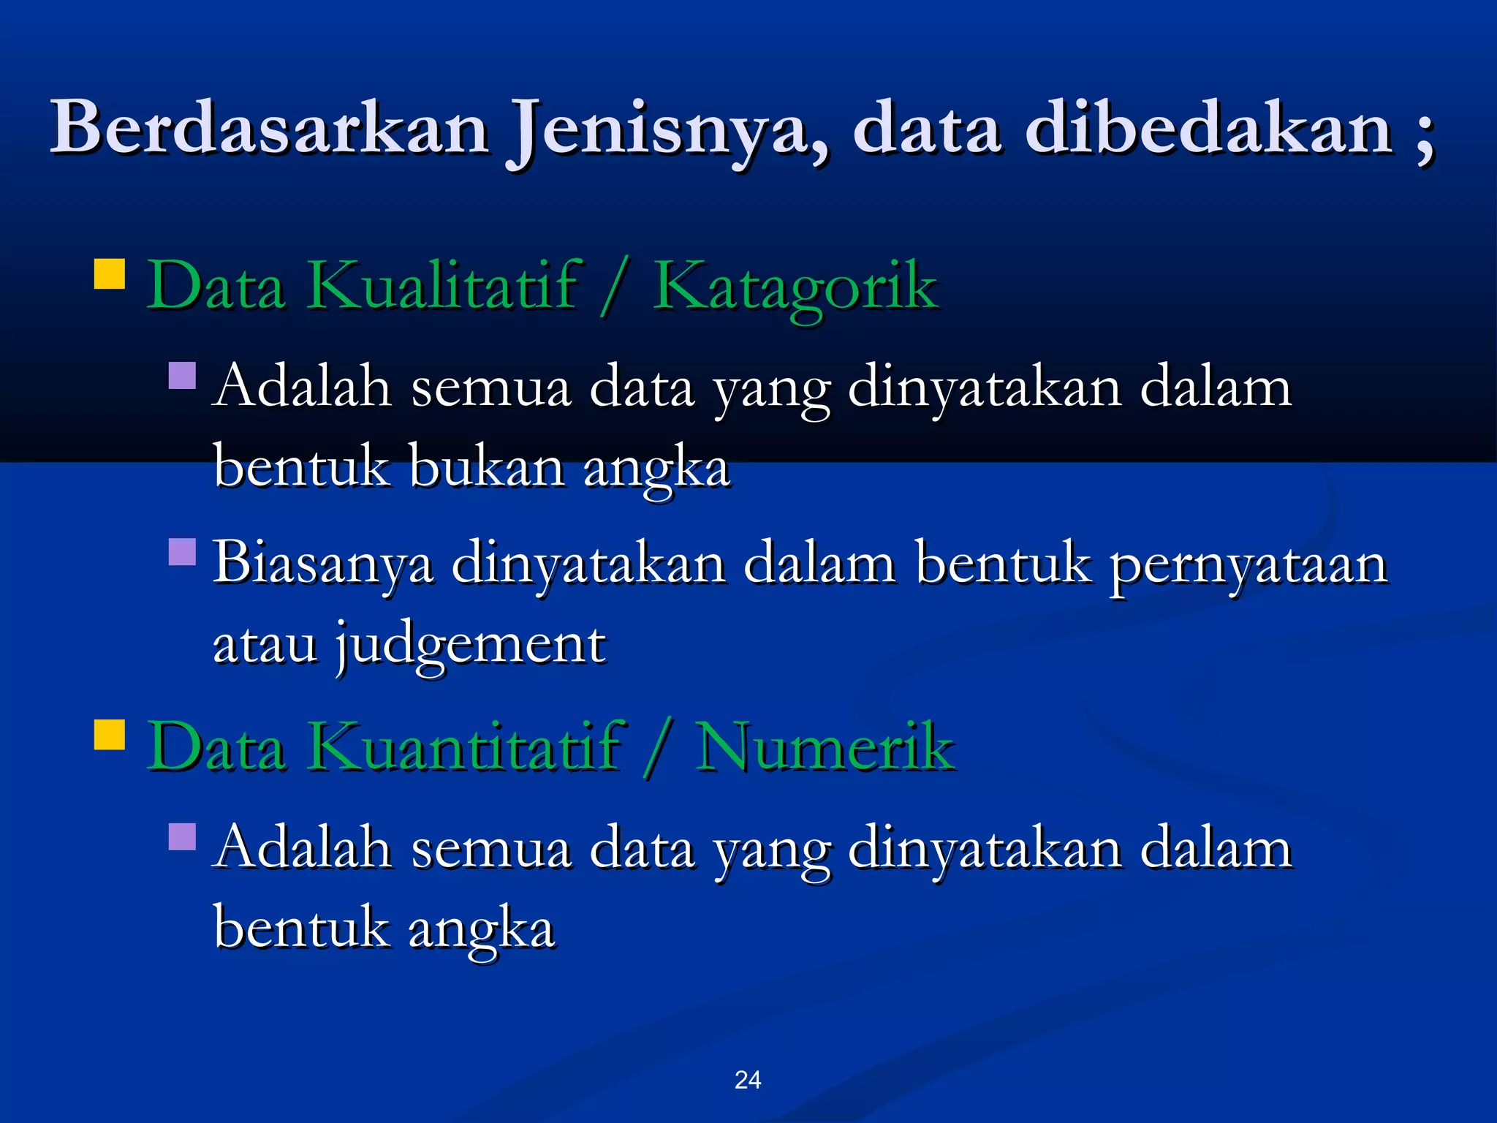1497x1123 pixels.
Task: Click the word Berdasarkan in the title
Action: [269, 129]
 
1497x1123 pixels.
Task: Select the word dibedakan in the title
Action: [1209, 129]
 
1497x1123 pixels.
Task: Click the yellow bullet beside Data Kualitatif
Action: [110, 274]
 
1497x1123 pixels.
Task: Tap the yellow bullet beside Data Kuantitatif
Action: [110, 735]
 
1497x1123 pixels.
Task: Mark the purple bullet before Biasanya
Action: [182, 552]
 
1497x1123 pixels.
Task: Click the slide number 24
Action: [748, 1080]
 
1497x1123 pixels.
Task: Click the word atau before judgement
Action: [265, 645]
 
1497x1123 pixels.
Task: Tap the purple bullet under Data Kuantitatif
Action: [182, 836]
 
